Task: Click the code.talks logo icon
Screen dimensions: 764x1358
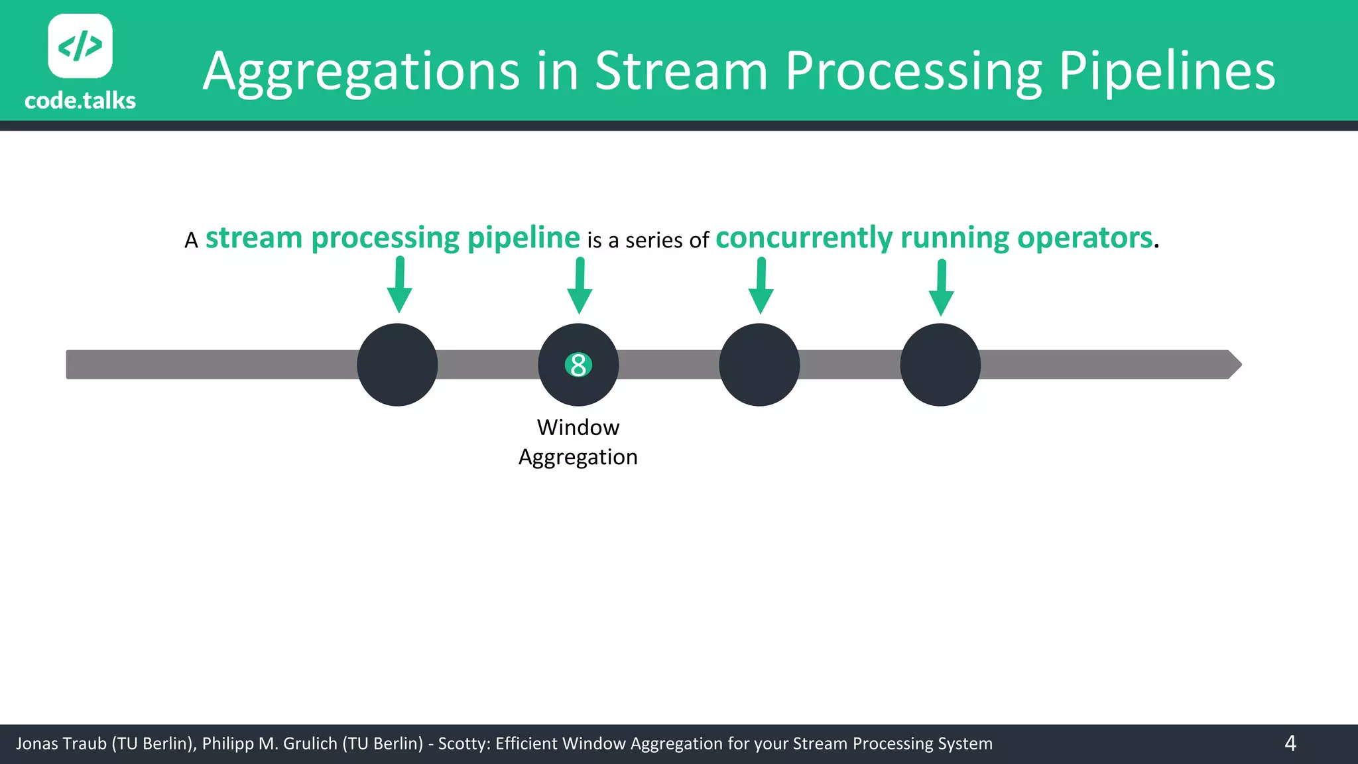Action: [x=80, y=46]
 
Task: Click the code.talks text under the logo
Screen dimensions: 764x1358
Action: [x=80, y=101]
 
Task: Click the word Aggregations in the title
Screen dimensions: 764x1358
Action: [x=361, y=72]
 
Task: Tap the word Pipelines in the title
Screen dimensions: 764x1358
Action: [x=1166, y=72]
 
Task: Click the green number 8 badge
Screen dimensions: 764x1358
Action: [x=578, y=365]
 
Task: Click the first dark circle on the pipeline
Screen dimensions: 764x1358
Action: [x=397, y=365]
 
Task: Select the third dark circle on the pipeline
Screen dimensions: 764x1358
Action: [x=759, y=365]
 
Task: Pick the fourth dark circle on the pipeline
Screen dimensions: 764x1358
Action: [x=940, y=365]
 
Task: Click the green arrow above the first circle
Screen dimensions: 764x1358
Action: [x=399, y=285]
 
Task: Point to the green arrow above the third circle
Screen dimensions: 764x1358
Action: [x=761, y=286]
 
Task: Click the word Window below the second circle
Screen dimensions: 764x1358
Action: [x=578, y=428]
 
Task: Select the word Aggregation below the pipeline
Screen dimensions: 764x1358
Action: [x=578, y=458]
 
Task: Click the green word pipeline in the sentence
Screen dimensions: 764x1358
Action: [x=523, y=237]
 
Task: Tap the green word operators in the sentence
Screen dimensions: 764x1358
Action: [x=1085, y=237]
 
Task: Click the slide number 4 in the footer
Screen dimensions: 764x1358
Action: [x=1290, y=743]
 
